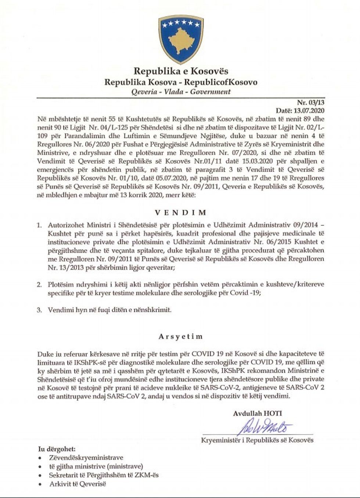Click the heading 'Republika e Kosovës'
tap(181, 71)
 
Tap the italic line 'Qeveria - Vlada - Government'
tap(181, 92)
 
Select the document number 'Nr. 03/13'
tap(310, 103)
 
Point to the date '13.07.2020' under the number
tap(310, 111)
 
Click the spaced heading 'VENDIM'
tap(180, 213)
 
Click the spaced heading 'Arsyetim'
tap(180, 336)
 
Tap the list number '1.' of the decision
tap(39, 224)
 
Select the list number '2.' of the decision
tap(39, 285)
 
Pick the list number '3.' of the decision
tap(39, 310)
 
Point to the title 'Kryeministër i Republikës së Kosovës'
tap(257, 440)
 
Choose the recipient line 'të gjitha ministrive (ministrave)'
tap(96, 466)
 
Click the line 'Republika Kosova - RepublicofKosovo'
tap(181, 82)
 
